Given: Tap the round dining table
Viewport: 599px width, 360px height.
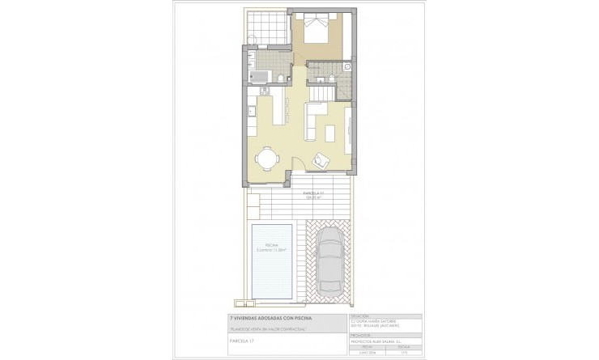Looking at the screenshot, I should (266, 158).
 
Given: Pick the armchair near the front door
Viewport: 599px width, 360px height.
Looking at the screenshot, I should (321, 159).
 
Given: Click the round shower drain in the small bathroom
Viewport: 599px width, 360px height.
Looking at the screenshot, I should (346, 65).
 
